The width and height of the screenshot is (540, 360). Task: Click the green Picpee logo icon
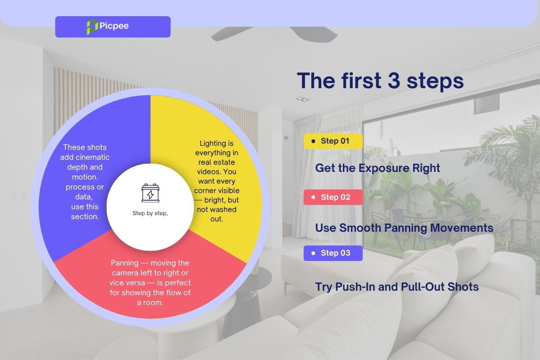(x=92, y=27)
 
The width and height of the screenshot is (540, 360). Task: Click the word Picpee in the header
(x=114, y=26)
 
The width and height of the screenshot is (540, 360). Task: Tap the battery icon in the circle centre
(x=150, y=193)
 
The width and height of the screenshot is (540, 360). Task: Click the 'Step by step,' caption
(x=150, y=213)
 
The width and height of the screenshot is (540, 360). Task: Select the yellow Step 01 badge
(x=333, y=141)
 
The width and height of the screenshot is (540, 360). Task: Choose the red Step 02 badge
(x=333, y=197)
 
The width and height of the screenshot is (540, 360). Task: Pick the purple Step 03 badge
(x=333, y=253)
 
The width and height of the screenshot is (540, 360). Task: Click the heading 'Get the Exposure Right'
(x=378, y=168)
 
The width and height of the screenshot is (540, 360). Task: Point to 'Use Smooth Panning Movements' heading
(x=404, y=228)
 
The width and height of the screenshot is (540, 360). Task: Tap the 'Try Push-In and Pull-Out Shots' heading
(x=397, y=287)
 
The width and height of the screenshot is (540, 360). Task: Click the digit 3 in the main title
(x=394, y=81)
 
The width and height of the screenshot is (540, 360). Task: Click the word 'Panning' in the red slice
(x=125, y=263)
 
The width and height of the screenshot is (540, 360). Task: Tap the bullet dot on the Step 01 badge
(x=313, y=141)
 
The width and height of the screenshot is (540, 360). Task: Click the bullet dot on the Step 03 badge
(x=313, y=253)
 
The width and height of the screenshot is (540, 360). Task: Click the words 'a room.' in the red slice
(x=150, y=302)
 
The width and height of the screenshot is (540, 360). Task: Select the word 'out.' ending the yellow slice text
(x=216, y=219)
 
